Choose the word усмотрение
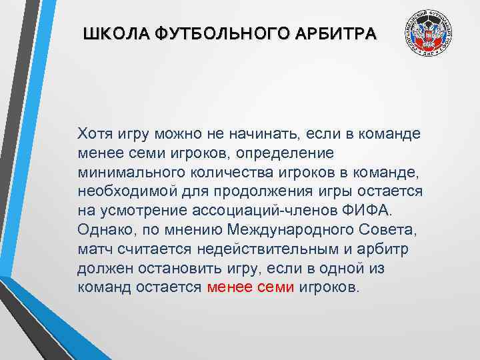(137, 211)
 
